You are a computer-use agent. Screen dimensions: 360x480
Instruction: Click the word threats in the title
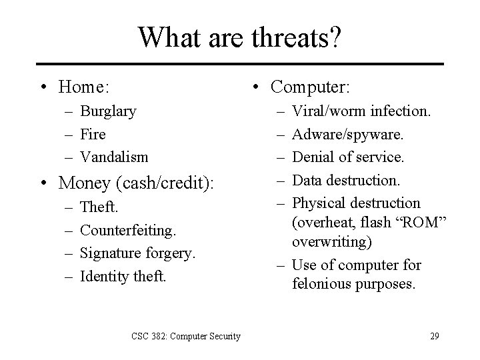(290, 37)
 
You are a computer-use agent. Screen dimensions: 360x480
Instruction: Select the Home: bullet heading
(83, 87)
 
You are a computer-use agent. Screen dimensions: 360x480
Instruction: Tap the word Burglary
(108, 111)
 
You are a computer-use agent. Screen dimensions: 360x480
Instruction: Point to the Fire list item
(93, 134)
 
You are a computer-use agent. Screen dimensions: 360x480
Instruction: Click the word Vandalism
(114, 157)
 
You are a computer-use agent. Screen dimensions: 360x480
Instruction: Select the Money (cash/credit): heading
(137, 182)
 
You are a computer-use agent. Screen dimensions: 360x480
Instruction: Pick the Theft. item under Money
(99, 207)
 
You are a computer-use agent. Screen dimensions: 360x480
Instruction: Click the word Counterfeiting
(128, 231)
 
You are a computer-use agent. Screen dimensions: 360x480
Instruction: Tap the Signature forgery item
(137, 253)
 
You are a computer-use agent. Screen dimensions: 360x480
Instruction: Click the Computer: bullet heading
(311, 87)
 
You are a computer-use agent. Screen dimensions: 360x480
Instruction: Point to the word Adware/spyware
(347, 134)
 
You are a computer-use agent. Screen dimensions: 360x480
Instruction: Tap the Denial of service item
(347, 157)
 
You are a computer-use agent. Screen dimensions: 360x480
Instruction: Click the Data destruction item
(346, 180)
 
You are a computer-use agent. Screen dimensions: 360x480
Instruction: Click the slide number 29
(434, 336)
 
